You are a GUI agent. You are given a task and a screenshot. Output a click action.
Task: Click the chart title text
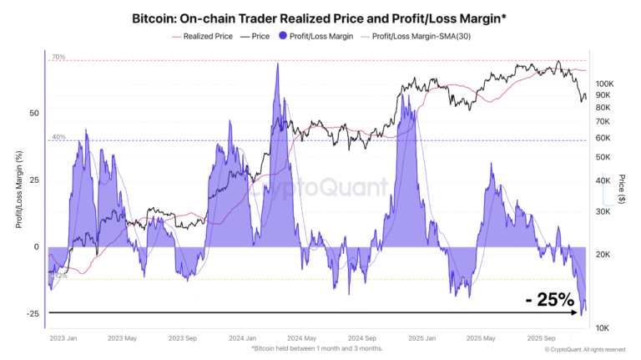click(320, 17)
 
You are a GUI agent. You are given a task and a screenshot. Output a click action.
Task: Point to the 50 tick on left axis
click(34, 113)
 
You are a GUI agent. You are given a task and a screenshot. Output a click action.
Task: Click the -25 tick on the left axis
click(33, 314)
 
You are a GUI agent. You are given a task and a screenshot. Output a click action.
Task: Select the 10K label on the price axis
click(605, 327)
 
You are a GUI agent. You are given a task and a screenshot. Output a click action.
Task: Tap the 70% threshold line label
click(58, 57)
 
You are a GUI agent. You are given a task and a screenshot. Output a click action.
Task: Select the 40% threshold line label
click(58, 136)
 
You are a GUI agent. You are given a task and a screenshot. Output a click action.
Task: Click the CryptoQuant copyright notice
click(583, 349)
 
